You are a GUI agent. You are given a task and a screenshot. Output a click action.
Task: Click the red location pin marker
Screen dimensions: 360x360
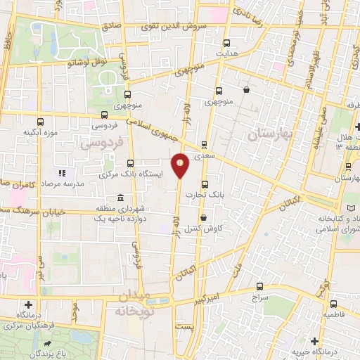(181, 166)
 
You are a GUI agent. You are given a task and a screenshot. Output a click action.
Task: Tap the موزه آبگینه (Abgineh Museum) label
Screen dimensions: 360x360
(40, 132)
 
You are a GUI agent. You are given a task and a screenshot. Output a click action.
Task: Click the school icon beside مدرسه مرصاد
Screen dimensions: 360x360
(62, 172)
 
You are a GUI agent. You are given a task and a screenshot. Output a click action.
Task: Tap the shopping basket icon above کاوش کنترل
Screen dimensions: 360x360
(203, 218)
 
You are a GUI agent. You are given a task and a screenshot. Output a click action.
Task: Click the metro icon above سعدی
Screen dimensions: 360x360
(205, 144)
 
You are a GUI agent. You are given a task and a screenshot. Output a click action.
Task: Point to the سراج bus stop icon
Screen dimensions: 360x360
(260, 286)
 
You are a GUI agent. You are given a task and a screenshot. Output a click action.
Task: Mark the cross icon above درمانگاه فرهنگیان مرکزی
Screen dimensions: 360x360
(28, 305)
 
